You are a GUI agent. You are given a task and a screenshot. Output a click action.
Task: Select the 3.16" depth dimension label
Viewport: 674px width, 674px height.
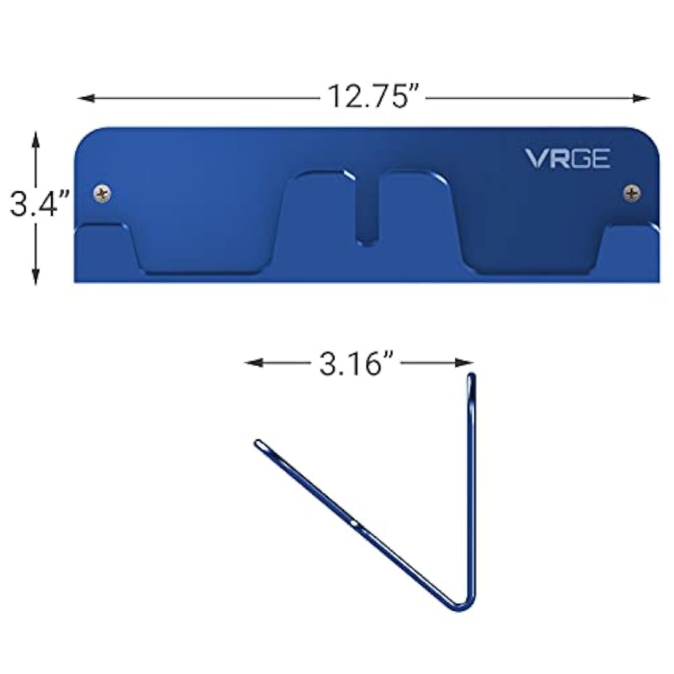[356, 363]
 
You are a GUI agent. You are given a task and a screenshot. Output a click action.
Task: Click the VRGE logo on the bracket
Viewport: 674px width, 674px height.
[567, 159]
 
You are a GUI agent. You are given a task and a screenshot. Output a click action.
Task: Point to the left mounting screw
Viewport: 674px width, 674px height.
[102, 194]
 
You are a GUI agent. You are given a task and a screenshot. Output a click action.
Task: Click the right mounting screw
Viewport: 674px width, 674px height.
[632, 193]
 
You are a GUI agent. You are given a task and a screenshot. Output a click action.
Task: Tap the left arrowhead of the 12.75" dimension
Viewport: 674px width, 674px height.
[86, 99]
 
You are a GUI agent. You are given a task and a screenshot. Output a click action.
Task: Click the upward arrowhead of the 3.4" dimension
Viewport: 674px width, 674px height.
[36, 140]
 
